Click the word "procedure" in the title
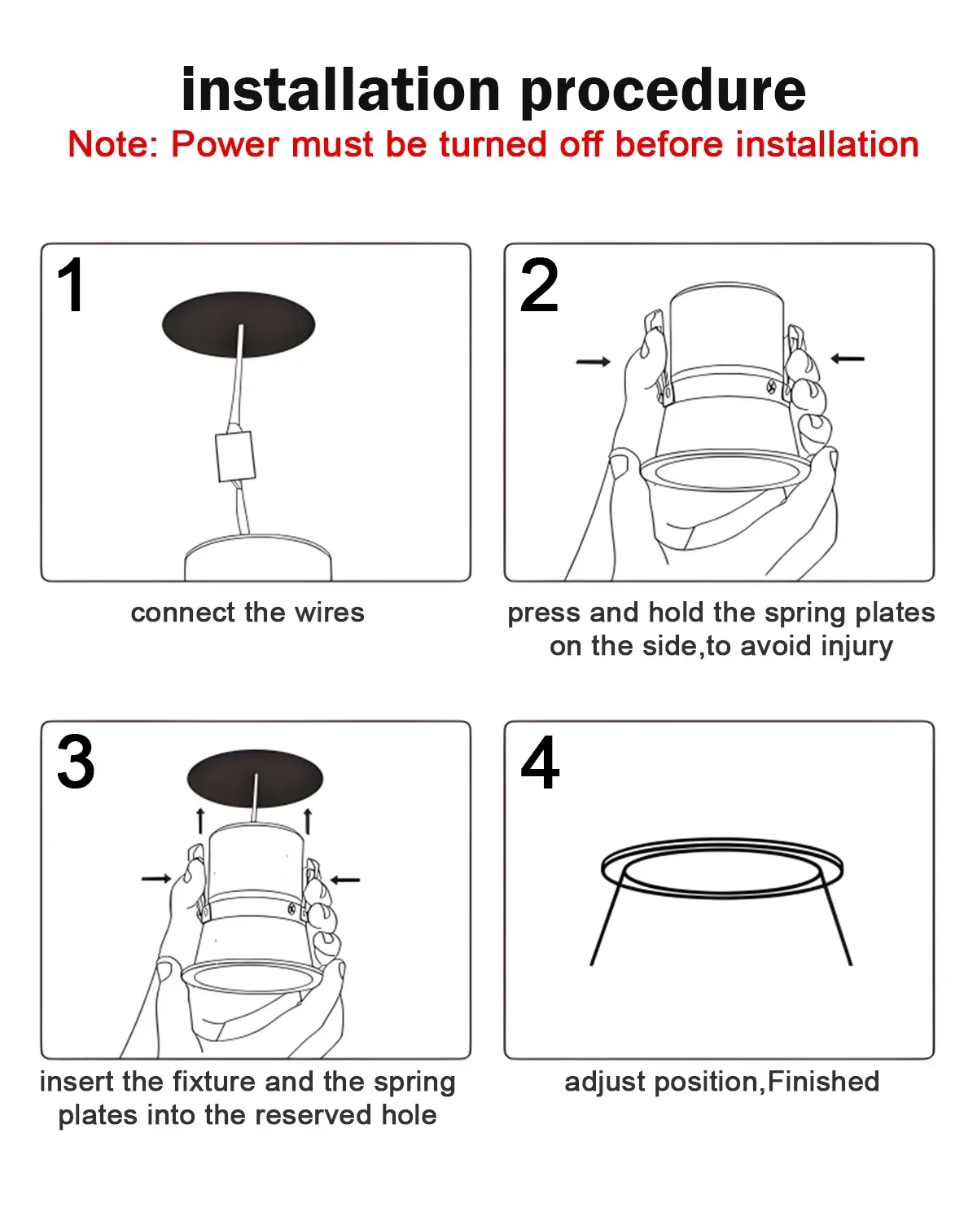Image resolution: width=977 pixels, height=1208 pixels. click(662, 90)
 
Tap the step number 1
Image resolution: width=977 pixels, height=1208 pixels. click(72, 284)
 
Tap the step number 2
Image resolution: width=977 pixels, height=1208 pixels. click(539, 284)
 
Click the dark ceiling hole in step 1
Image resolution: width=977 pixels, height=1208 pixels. click(239, 324)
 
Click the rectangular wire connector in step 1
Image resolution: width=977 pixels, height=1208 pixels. click(235, 456)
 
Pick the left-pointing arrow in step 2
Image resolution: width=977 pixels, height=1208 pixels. click(848, 358)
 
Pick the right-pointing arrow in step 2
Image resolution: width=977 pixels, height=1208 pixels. click(594, 362)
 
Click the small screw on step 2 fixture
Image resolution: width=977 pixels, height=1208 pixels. click(771, 387)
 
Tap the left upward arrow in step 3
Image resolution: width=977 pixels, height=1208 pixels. click(200, 821)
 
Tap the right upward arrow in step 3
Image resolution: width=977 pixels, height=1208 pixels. click(308, 821)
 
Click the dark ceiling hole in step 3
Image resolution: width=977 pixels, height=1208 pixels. click(255, 778)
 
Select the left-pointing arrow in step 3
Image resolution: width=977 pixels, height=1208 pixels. click(344, 880)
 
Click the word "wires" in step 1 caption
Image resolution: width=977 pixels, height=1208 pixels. click(329, 613)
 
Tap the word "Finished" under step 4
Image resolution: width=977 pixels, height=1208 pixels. click(823, 1082)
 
